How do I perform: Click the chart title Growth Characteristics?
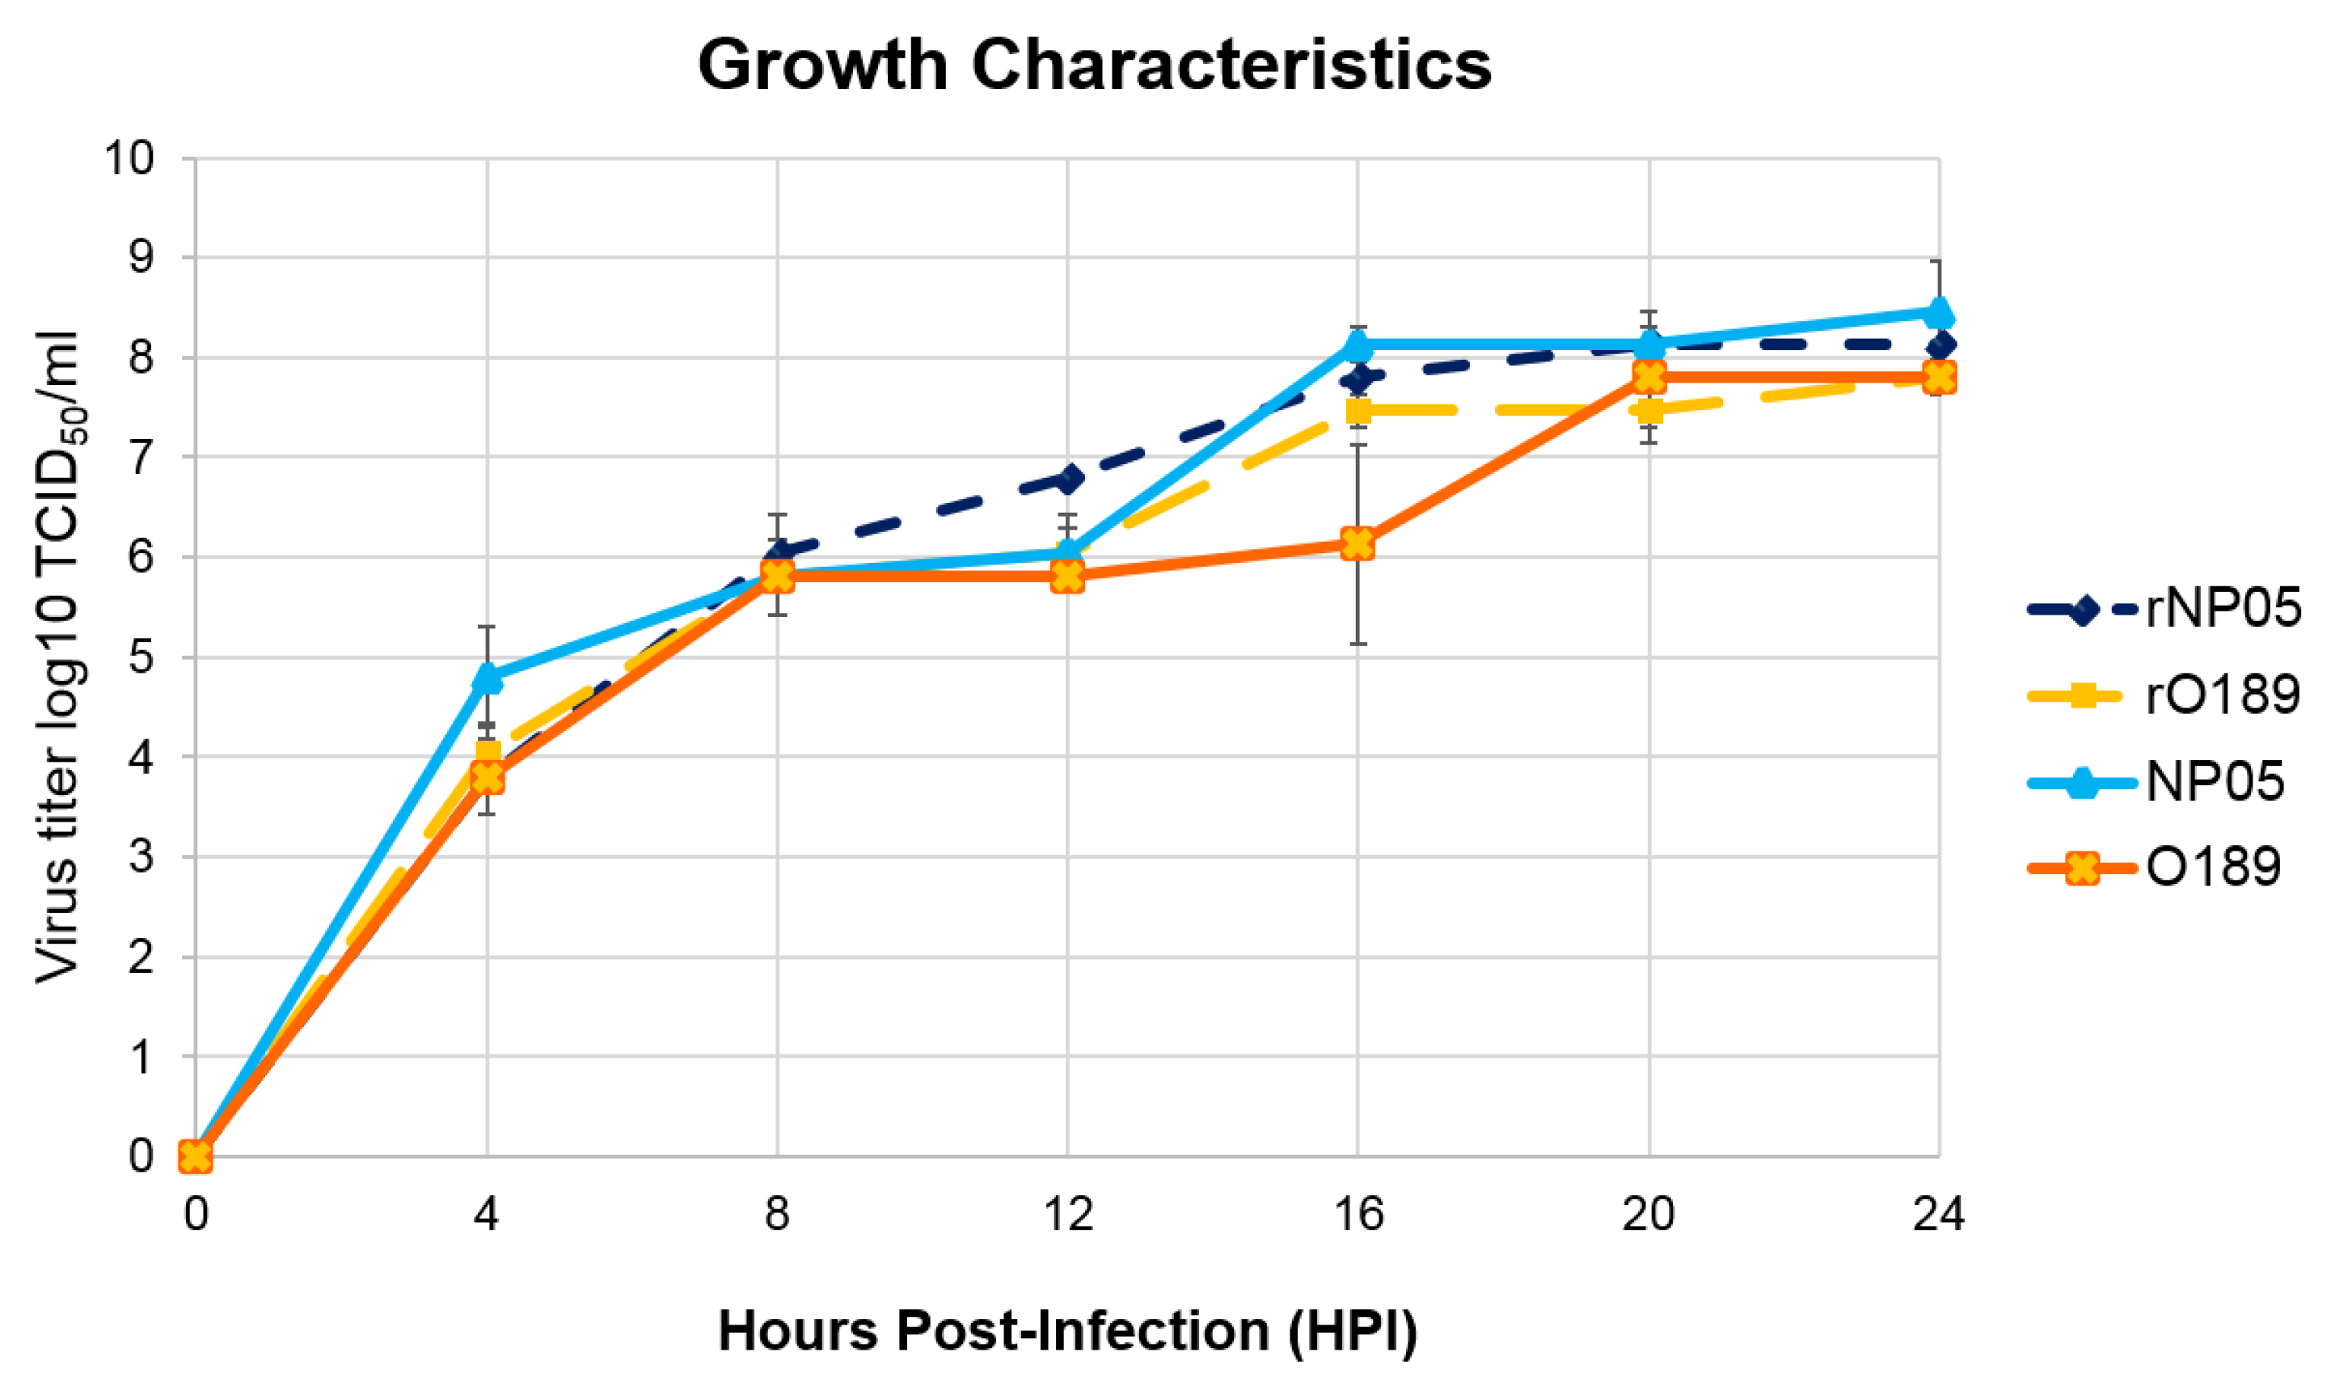(1094, 66)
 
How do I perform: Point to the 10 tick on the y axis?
(129, 158)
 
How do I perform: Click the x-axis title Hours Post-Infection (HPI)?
(1068, 1331)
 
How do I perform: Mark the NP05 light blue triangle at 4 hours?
(487, 677)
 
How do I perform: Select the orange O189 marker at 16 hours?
(1358, 543)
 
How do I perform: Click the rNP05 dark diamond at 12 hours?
(1068, 479)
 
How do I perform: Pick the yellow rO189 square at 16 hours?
(1358, 411)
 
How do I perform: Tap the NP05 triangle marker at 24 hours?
(1939, 313)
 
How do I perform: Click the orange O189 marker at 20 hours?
(1649, 377)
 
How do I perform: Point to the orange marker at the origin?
(196, 1156)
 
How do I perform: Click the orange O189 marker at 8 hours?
(777, 577)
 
